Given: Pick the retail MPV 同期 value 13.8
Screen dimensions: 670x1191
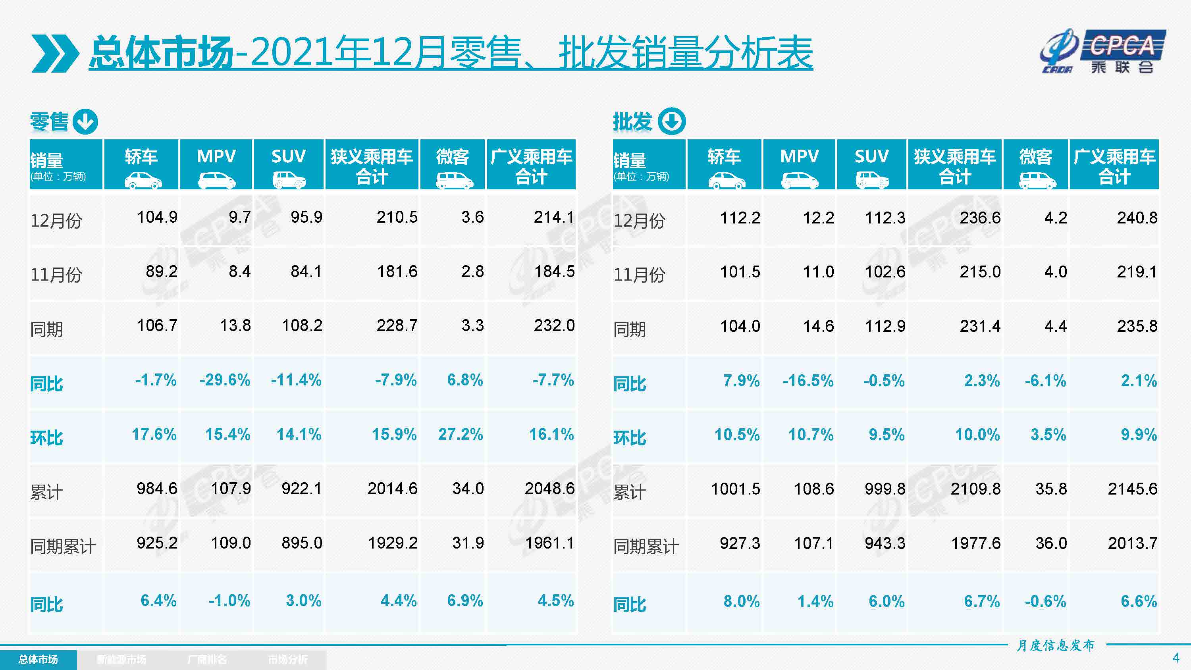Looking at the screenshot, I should (235, 325).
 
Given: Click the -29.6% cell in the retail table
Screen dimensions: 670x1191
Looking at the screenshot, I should (225, 380).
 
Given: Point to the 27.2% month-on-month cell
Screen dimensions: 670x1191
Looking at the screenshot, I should (460, 434).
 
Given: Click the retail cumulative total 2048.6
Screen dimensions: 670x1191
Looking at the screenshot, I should (549, 489).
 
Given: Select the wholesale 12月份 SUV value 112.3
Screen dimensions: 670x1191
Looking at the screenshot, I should (885, 218).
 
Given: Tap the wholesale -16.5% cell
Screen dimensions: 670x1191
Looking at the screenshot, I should (808, 381).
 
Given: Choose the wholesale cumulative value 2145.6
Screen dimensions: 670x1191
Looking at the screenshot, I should (1132, 489).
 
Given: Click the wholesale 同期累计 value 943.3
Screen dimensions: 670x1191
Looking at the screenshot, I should (885, 543).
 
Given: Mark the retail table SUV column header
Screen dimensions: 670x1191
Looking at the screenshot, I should (289, 165).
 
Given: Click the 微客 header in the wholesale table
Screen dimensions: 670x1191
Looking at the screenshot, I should (1036, 165).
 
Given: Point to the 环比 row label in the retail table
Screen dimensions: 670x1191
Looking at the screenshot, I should (47, 437).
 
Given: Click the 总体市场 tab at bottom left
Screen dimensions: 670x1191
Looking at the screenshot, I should (39, 659).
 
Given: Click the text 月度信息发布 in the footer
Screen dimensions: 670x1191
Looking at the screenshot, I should (1055, 645).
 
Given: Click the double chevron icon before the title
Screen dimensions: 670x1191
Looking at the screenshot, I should (54, 53).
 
